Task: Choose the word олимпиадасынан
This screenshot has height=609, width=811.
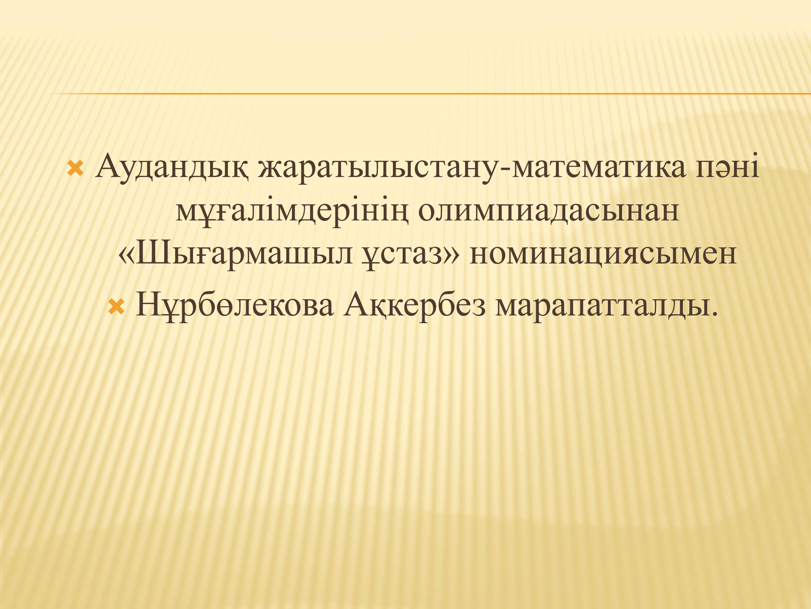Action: (x=548, y=211)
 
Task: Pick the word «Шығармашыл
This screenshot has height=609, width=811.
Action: (x=235, y=254)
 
